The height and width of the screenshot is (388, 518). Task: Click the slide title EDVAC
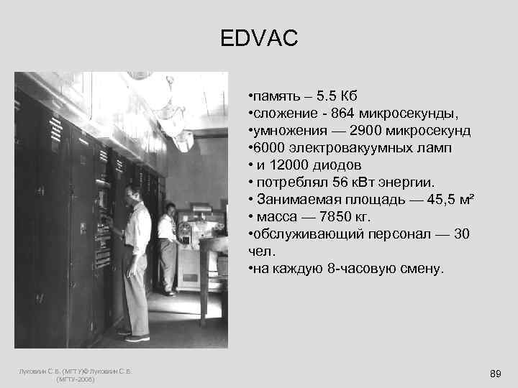(x=259, y=38)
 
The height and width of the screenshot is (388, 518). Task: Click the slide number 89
(x=495, y=374)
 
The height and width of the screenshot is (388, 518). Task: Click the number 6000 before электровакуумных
(x=267, y=149)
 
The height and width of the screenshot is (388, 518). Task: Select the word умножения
(x=285, y=131)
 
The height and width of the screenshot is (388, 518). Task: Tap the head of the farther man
(x=171, y=209)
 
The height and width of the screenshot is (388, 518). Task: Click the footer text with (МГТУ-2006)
(x=75, y=379)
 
